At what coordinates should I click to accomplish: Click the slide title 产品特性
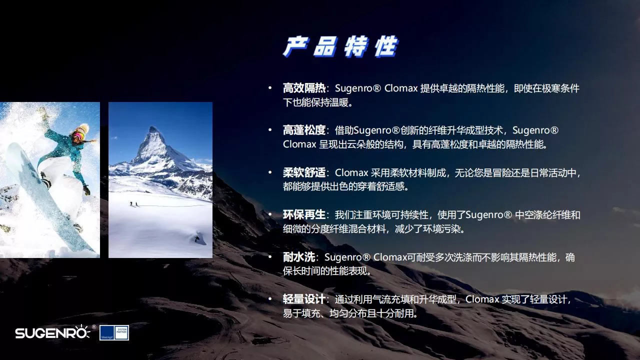(340, 46)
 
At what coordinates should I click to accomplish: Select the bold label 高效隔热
(304, 88)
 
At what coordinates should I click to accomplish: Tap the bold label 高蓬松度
(304, 130)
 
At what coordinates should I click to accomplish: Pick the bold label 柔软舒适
(304, 172)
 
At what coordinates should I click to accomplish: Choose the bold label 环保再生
(304, 215)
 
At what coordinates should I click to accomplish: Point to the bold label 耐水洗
(299, 257)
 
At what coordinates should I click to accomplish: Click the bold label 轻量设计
(304, 299)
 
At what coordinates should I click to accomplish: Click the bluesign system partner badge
(114, 332)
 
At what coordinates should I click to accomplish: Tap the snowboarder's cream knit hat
(83, 128)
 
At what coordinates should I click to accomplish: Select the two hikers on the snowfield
(133, 204)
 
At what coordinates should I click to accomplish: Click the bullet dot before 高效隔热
(270, 88)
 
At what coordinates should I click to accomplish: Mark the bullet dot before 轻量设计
(270, 299)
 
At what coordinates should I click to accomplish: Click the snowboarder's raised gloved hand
(43, 113)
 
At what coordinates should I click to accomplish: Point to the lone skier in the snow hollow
(197, 238)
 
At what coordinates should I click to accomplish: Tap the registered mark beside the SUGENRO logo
(93, 326)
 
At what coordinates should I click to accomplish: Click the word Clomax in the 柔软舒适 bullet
(351, 172)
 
